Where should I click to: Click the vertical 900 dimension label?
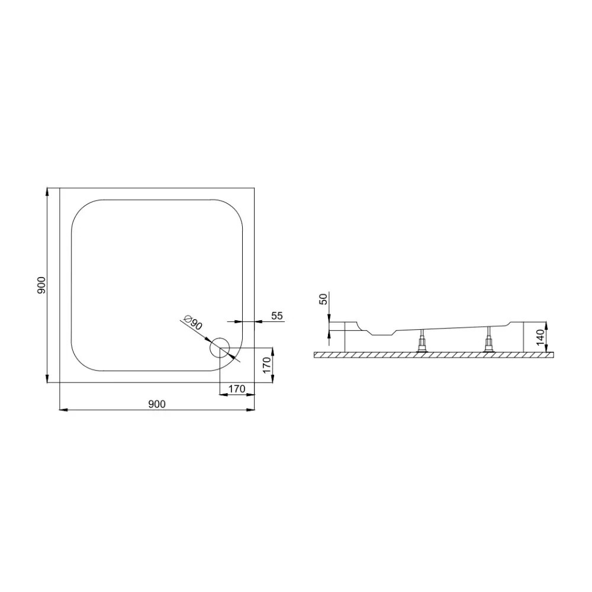point(41,285)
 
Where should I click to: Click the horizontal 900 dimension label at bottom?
point(157,404)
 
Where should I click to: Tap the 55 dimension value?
point(276,316)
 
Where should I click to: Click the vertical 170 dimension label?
point(266,365)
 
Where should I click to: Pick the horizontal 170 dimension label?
point(237,388)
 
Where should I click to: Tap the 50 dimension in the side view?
point(324,300)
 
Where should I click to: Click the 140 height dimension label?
point(540,337)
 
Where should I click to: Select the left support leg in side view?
point(422,340)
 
